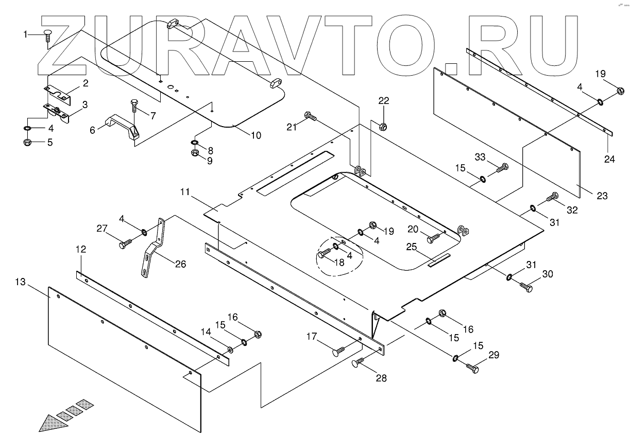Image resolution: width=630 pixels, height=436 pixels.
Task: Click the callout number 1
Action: click(x=25, y=34)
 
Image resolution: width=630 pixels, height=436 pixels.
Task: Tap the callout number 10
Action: click(x=256, y=135)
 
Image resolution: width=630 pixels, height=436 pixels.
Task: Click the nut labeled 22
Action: click(x=383, y=126)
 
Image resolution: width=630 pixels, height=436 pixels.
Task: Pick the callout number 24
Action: click(x=610, y=159)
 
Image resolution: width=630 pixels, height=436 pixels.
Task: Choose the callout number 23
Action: click(x=602, y=196)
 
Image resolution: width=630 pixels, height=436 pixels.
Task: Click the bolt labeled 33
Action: click(x=502, y=167)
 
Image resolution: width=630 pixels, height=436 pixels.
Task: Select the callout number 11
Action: click(x=185, y=193)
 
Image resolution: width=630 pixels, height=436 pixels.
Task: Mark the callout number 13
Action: click(x=20, y=282)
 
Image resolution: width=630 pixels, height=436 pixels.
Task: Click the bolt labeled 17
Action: click(x=337, y=352)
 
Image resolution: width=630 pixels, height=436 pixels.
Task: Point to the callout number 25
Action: click(x=411, y=247)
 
